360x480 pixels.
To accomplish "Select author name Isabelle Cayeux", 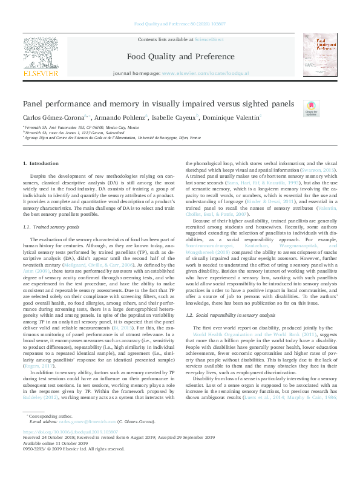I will (x=173, y=117).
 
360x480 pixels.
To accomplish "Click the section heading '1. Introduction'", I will (x=41, y=164).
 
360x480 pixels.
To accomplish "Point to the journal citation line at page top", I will (x=179, y=25).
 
